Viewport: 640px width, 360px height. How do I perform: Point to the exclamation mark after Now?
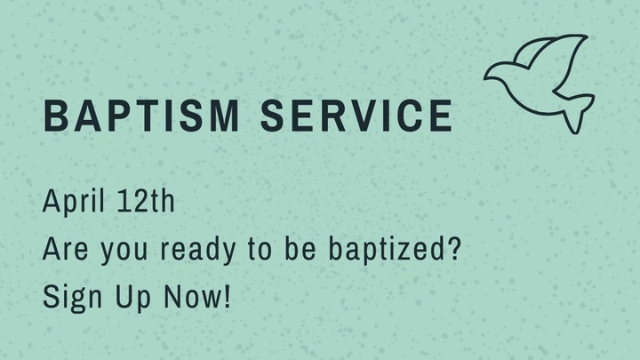tap(226, 296)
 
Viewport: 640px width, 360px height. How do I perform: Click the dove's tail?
tap(576, 110)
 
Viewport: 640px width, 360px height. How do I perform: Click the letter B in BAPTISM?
tap(55, 116)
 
